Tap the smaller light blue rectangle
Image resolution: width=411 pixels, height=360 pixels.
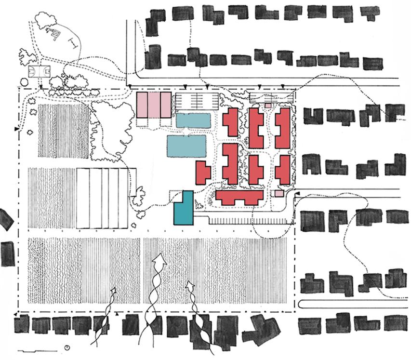pyautogui.click(x=194, y=120)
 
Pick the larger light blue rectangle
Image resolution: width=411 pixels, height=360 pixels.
pyautogui.click(x=186, y=147)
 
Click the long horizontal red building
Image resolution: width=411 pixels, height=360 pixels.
pyautogui.click(x=239, y=197)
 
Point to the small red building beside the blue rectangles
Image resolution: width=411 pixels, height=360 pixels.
pyautogui.click(x=203, y=172)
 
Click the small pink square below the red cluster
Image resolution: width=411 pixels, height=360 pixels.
pyautogui.click(x=278, y=194)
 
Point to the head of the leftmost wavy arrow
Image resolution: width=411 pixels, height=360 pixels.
pyautogui.click(x=114, y=291)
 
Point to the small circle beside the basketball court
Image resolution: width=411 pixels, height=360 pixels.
pyautogui.click(x=24, y=82)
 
